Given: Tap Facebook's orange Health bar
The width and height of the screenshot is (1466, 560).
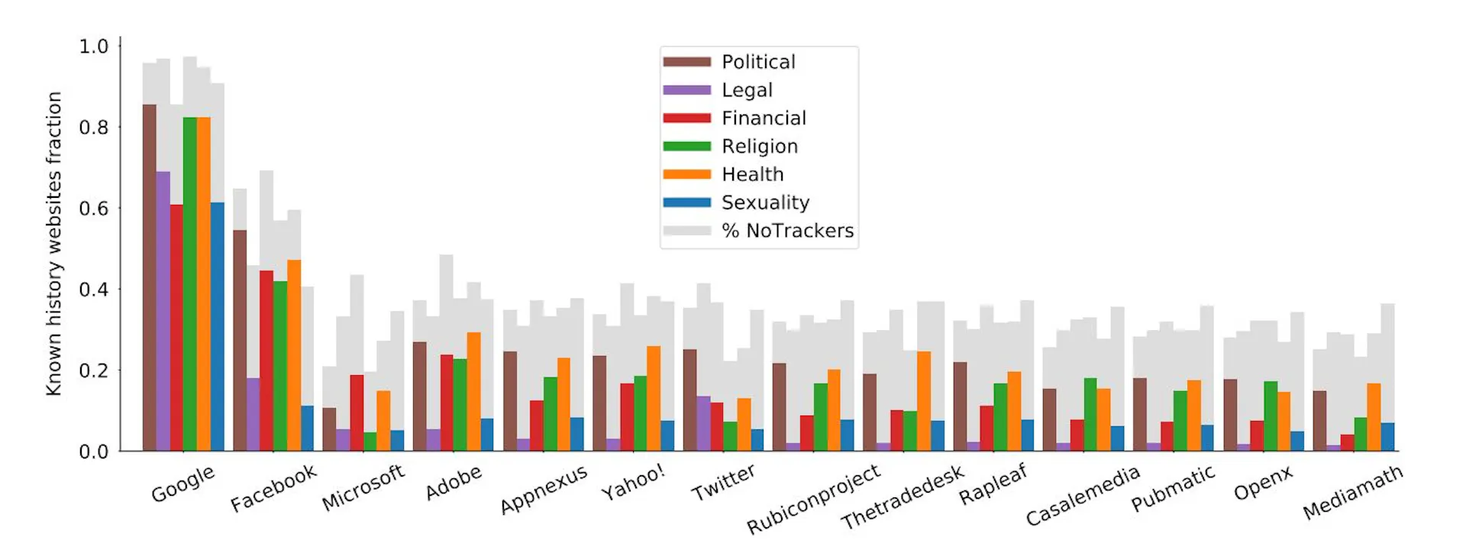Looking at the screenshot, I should (x=294, y=355).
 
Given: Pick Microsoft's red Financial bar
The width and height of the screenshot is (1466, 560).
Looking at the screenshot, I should (x=357, y=413).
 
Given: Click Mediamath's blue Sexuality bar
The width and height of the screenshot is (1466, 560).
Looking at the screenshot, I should (x=1387, y=436).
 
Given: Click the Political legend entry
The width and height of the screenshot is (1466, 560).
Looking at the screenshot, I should (x=758, y=62).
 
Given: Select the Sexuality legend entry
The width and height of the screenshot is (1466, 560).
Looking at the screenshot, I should (x=765, y=202).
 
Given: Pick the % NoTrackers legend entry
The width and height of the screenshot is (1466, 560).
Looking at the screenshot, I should (x=787, y=231).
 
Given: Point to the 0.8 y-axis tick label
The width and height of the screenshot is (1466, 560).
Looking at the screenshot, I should (x=94, y=128).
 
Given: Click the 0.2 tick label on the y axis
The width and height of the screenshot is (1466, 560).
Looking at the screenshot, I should (x=94, y=371).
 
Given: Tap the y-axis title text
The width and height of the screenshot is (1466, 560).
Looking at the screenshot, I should (x=53, y=244).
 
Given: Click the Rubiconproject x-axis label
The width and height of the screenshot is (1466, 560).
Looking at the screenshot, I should (x=813, y=500).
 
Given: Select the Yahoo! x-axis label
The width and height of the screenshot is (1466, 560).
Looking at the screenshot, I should (x=633, y=483).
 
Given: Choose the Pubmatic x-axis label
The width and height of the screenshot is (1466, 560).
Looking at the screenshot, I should (x=1173, y=489).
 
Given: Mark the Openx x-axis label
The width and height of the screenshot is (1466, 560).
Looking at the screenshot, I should (x=1263, y=483).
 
